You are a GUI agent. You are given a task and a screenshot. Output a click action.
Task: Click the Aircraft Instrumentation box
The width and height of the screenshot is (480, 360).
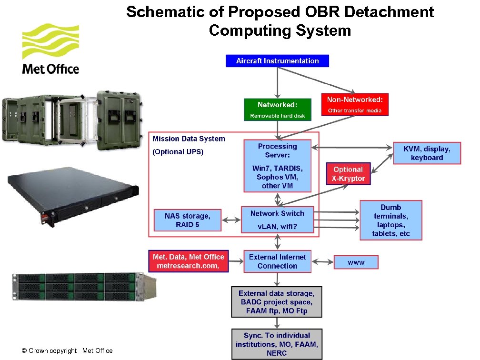tap(277, 61)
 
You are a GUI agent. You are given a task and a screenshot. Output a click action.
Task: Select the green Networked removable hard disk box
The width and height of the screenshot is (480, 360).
tap(277, 110)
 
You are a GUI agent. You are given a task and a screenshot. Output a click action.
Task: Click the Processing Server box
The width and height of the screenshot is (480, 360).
tap(277, 165)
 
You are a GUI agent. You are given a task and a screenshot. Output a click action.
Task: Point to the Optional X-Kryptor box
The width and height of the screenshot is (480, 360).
tap(349, 174)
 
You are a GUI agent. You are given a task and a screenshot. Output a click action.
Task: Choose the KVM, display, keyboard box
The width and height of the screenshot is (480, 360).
tap(427, 153)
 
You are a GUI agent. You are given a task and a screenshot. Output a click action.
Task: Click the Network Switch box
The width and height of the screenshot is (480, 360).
tap(277, 220)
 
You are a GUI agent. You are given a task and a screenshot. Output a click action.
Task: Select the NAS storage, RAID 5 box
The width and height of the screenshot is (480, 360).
tap(187, 220)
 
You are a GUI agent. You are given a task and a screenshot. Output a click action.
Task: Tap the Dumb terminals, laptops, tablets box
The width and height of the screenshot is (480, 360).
tap(390, 220)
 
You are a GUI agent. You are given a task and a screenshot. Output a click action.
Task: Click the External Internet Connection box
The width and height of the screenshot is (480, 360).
tap(277, 261)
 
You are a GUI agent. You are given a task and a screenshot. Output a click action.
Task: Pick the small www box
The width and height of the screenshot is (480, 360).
tap(356, 262)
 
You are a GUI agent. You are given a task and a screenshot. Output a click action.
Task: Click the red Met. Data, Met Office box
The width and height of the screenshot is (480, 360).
tap(188, 261)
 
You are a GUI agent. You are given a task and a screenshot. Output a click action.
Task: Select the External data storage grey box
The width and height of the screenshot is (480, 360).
tap(277, 302)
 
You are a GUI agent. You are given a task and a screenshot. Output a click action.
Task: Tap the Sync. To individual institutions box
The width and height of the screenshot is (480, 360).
tap(277, 344)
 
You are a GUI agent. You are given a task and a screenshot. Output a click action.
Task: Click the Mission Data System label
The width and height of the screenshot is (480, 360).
tap(189, 139)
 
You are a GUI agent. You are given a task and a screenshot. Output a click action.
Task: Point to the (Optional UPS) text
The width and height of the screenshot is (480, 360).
tap(178, 152)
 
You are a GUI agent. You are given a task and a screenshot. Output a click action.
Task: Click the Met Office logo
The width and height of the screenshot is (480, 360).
tap(50, 50)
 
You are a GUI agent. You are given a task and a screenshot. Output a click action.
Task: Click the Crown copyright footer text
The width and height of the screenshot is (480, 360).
tap(67, 351)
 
